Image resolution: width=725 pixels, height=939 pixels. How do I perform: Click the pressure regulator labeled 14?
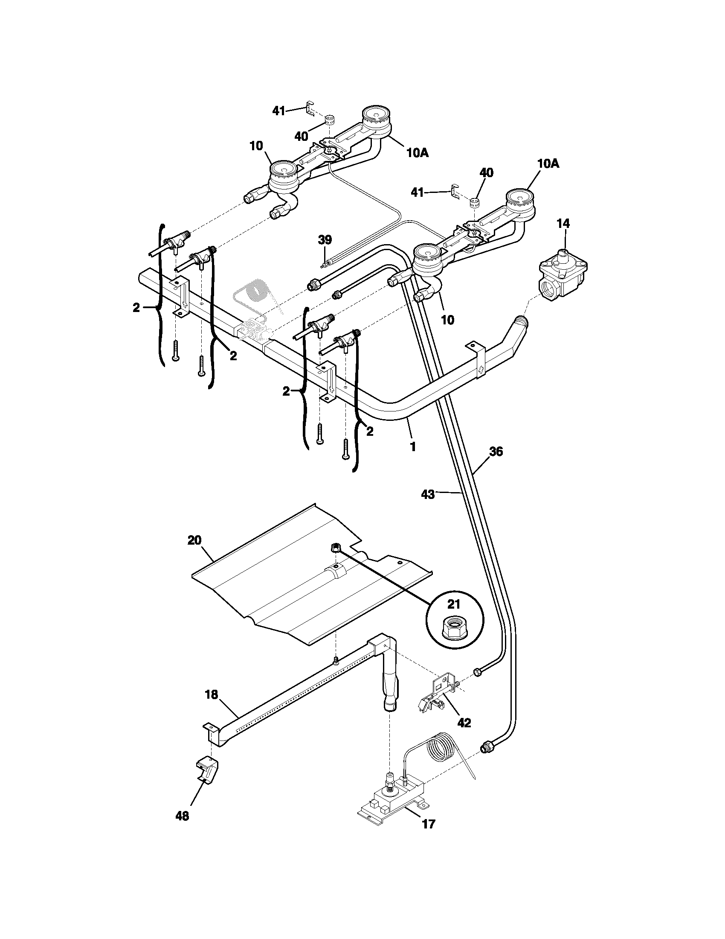coord(563,275)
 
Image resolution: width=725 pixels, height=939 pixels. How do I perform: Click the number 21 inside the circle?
coord(454,604)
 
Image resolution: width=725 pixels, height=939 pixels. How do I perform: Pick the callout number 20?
coord(194,540)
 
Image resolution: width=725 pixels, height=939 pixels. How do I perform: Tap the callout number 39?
coord(325,240)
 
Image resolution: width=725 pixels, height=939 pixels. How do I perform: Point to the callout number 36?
coord(496,452)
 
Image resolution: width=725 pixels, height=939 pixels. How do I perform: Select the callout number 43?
coord(428,494)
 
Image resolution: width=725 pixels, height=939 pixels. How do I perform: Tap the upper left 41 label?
coord(279,111)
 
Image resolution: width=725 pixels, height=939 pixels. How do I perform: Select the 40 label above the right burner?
coord(486,173)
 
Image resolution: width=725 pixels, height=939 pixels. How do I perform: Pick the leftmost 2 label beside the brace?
coord(136,307)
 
